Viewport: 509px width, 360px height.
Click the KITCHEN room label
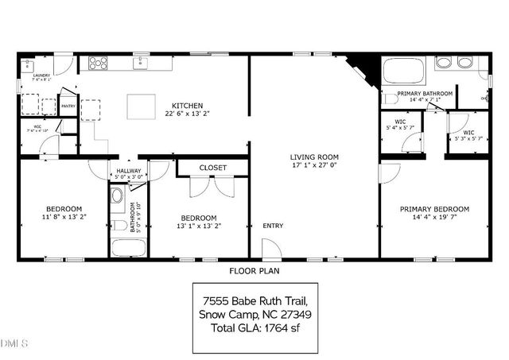tap(188, 106)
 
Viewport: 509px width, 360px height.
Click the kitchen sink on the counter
tap(142, 62)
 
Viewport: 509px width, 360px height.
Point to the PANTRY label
tap(68, 106)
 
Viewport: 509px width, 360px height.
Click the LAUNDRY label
tap(41, 75)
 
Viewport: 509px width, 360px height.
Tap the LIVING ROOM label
tap(314, 157)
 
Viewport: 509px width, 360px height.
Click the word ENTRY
tap(273, 226)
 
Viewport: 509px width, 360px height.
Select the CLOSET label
tap(212, 168)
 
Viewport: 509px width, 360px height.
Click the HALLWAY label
tap(128, 171)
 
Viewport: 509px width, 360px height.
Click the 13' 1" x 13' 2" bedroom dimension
tap(198, 225)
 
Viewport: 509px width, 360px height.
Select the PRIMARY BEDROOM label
tap(434, 209)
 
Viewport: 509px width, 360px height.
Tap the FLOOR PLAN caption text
tap(254, 271)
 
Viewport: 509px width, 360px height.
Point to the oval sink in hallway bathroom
tap(118, 195)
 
